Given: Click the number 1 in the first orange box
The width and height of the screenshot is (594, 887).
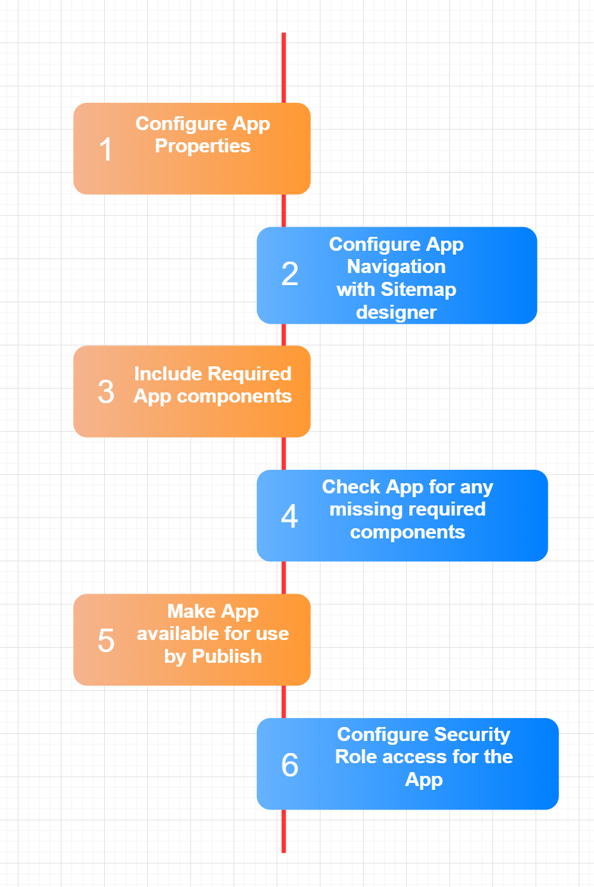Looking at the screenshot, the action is tap(105, 149).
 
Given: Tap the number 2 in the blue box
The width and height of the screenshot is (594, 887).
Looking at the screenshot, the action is tap(289, 274).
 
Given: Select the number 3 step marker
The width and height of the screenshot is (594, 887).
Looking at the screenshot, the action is tap(106, 392).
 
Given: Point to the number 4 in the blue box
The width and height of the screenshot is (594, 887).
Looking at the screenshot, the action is tap(289, 516).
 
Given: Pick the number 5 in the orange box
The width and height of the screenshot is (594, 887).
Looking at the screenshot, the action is tap(106, 640).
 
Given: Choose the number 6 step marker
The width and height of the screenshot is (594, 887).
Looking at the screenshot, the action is tap(289, 764).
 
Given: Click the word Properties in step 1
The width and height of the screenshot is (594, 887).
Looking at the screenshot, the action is tap(202, 147).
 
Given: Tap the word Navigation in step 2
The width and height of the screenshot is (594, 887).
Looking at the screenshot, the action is tap(396, 267).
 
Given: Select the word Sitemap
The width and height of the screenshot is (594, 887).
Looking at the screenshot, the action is tap(418, 290).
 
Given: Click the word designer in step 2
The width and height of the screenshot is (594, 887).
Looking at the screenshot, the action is tap(396, 313).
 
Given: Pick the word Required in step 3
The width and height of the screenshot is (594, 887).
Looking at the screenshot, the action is tap(249, 374).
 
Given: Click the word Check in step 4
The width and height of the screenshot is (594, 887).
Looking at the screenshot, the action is tap(351, 486).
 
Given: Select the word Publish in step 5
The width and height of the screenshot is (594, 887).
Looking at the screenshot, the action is tap(227, 657).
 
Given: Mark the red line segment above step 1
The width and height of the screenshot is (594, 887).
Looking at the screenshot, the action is tap(284, 68).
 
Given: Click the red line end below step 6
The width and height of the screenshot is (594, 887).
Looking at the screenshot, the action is tap(284, 852).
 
